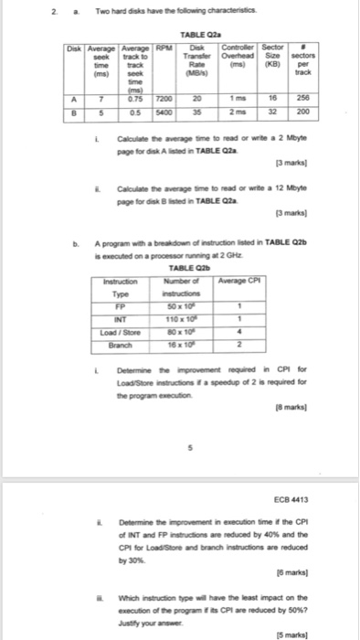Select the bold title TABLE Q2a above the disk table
(190, 35)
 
